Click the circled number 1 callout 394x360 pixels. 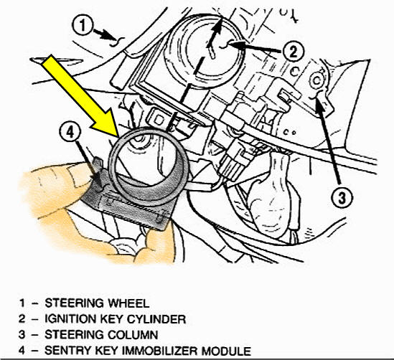[83, 25]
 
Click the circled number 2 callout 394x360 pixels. [294, 52]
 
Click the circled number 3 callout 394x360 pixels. [342, 198]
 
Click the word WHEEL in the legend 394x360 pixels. [128, 303]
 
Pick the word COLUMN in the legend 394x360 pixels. [133, 335]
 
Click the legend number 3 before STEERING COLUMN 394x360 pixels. [22, 335]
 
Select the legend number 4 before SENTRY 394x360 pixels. [22, 351]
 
